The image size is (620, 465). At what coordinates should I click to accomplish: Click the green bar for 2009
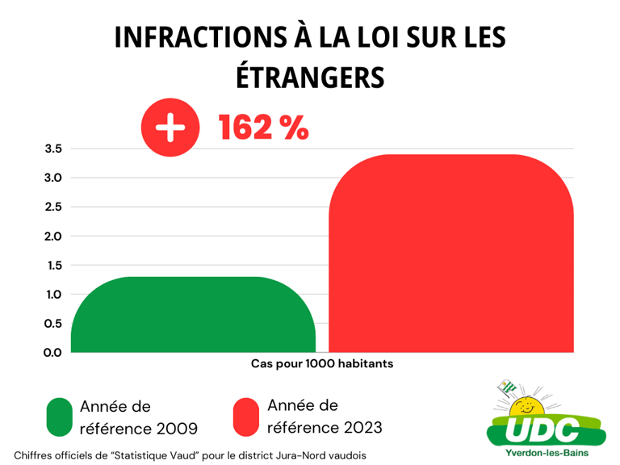[193, 315]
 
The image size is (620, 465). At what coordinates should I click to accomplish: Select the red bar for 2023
[451, 253]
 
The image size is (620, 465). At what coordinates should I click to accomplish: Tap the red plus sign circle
[170, 128]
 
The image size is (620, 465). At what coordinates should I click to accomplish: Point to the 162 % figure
[263, 128]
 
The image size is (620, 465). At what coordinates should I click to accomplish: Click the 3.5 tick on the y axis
[53, 149]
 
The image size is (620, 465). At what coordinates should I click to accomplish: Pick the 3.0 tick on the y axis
[53, 178]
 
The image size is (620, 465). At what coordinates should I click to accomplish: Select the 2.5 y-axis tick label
[53, 207]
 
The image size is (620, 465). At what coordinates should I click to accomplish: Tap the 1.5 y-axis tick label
[53, 266]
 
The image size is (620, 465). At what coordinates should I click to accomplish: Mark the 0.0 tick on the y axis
[53, 353]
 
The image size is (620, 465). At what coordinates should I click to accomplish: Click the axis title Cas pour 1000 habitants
[322, 364]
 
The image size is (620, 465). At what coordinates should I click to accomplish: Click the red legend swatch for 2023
[245, 417]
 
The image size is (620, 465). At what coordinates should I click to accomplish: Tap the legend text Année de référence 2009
[138, 417]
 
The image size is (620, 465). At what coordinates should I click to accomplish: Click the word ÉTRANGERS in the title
[310, 77]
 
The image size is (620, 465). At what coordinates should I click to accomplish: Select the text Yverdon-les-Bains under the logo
[546, 453]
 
